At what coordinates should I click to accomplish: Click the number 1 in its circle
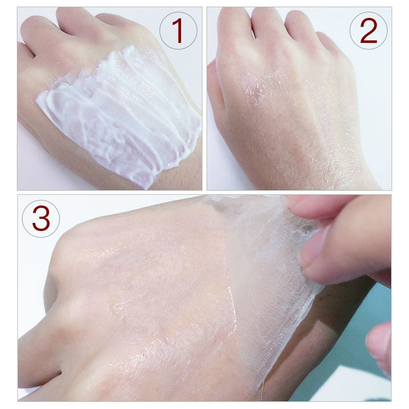click(x=178, y=30)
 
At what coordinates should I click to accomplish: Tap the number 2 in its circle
click(x=368, y=30)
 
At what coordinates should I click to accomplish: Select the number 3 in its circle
click(x=41, y=218)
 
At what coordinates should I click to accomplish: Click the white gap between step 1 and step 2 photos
click(x=204, y=97)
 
